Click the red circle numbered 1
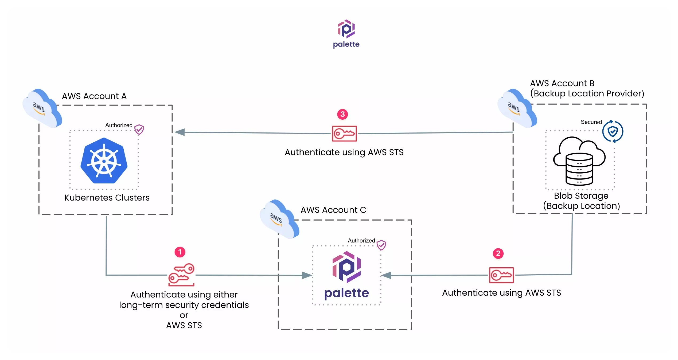click(x=180, y=252)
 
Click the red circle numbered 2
click(x=498, y=253)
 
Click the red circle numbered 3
click(x=342, y=114)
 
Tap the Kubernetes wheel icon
click(x=104, y=161)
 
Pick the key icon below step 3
click(x=344, y=134)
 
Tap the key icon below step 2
click(x=501, y=275)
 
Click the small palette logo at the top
click(x=346, y=29)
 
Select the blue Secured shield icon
click(x=613, y=131)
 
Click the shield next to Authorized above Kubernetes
click(x=139, y=130)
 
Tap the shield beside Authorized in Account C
click(x=381, y=245)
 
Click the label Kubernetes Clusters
click(x=107, y=198)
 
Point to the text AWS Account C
click(x=333, y=210)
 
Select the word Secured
click(x=591, y=122)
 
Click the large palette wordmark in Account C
click(x=346, y=293)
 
